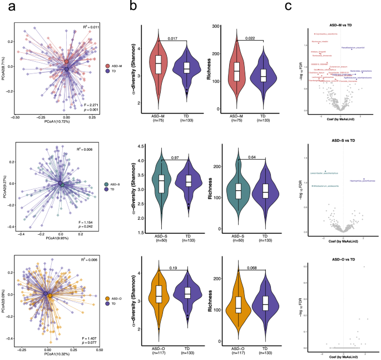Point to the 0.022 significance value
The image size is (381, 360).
[250, 38]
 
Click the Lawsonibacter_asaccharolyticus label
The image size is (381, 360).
[327, 172]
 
